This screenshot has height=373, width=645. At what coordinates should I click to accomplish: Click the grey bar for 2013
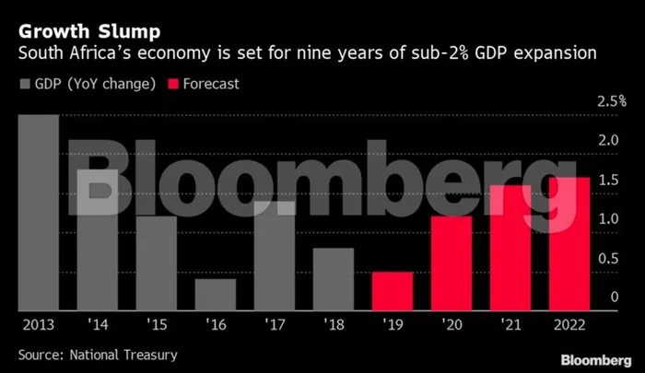(38, 212)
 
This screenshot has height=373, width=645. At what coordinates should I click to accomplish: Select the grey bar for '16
(216, 295)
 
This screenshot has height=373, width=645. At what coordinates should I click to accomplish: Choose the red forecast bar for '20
(451, 263)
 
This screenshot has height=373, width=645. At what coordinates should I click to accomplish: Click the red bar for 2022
(569, 244)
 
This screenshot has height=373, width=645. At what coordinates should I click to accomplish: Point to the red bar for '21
(510, 248)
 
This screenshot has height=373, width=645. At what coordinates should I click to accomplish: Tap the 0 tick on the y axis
(616, 297)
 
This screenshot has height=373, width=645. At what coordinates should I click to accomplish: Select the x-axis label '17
(275, 324)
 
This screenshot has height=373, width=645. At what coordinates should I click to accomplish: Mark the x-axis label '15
(157, 324)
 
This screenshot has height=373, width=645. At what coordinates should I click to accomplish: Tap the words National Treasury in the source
(128, 354)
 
